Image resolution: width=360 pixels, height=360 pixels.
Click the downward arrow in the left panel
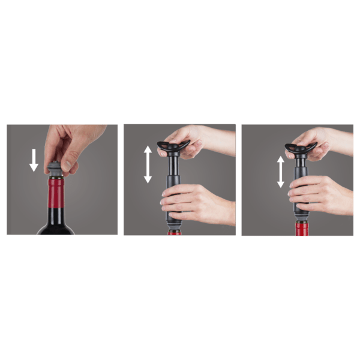pos(34,161)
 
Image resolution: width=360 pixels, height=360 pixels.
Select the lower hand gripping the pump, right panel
pos(318,195)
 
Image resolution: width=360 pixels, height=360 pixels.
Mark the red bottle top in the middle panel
pos(173,232)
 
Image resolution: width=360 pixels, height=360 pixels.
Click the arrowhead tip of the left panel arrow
pos(34,170)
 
